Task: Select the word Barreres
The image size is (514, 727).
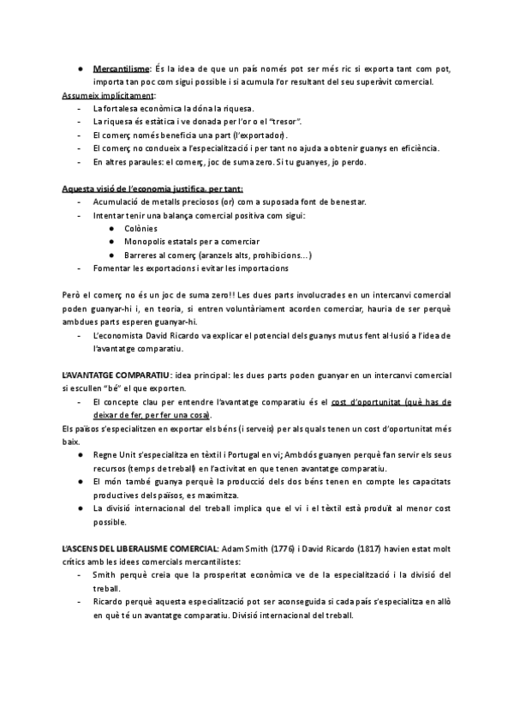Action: (146, 255)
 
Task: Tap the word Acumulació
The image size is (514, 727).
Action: (117, 201)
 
